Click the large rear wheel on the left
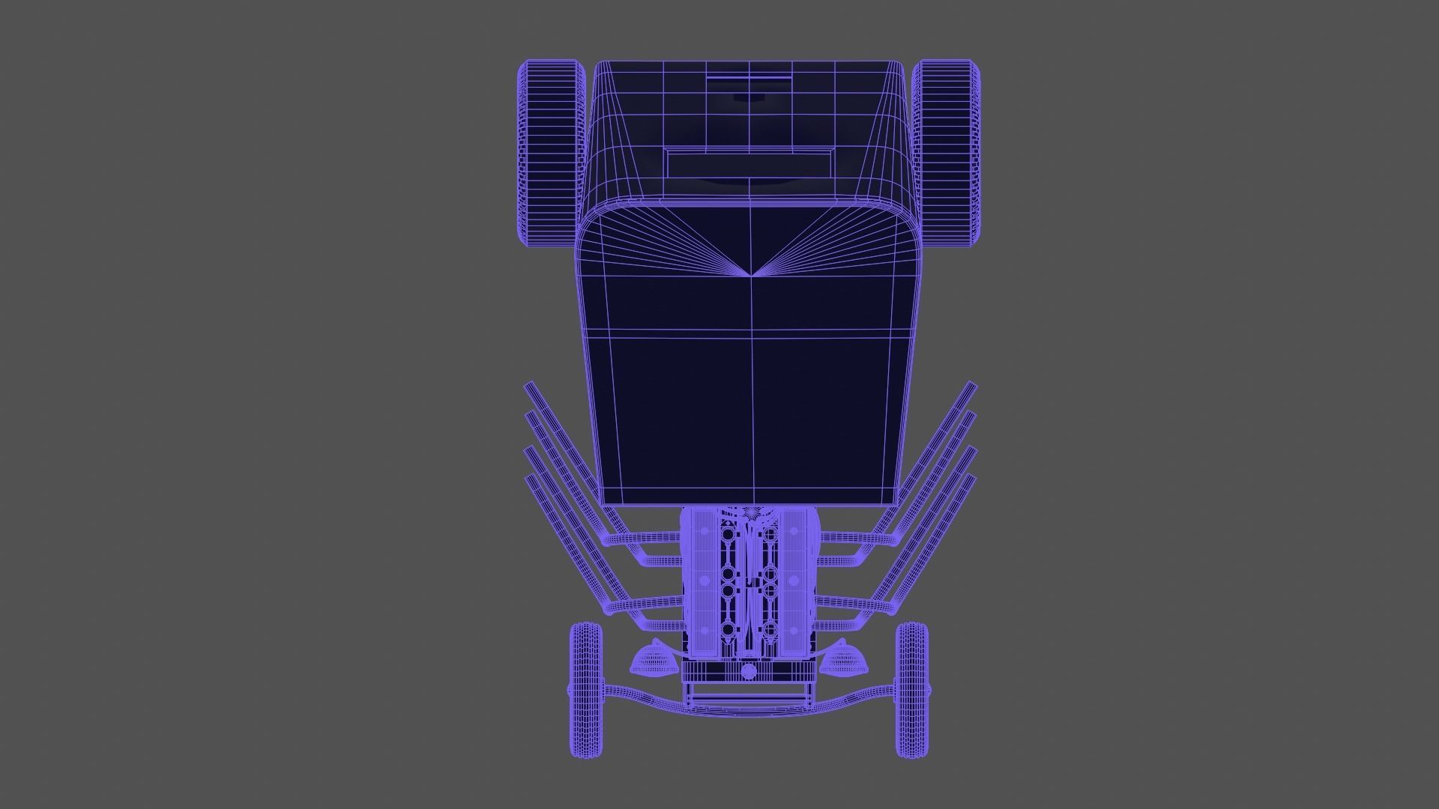(551, 154)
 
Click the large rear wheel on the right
(947, 154)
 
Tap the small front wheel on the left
(585, 689)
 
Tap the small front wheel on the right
(912, 689)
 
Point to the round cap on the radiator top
(748, 670)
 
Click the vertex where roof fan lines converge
(750, 275)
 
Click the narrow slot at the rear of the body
(749, 76)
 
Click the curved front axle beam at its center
(749, 709)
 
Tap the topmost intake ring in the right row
(769, 534)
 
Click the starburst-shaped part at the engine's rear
(749, 512)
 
